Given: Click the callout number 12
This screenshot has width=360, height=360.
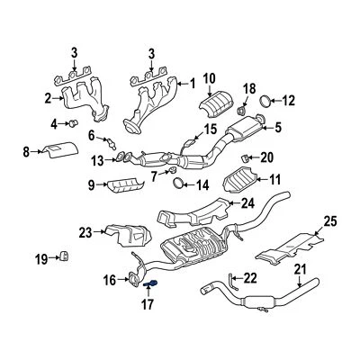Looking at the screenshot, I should click(x=289, y=101).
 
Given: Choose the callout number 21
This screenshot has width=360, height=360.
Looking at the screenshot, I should click(x=301, y=270).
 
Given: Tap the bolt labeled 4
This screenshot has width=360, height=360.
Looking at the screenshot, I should click(x=75, y=122).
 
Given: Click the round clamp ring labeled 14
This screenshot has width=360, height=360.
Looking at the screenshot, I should click(x=179, y=185).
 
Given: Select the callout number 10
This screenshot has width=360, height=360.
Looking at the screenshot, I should click(x=209, y=77).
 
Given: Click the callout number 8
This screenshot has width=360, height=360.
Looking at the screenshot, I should click(x=26, y=151).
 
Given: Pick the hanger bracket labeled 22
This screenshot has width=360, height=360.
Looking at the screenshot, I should click(x=233, y=282).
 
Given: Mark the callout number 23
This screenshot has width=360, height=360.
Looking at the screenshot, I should click(x=85, y=232).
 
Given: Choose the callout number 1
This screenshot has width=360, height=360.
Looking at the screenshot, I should click(x=192, y=83).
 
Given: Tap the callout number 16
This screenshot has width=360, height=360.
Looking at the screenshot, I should click(x=110, y=281).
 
